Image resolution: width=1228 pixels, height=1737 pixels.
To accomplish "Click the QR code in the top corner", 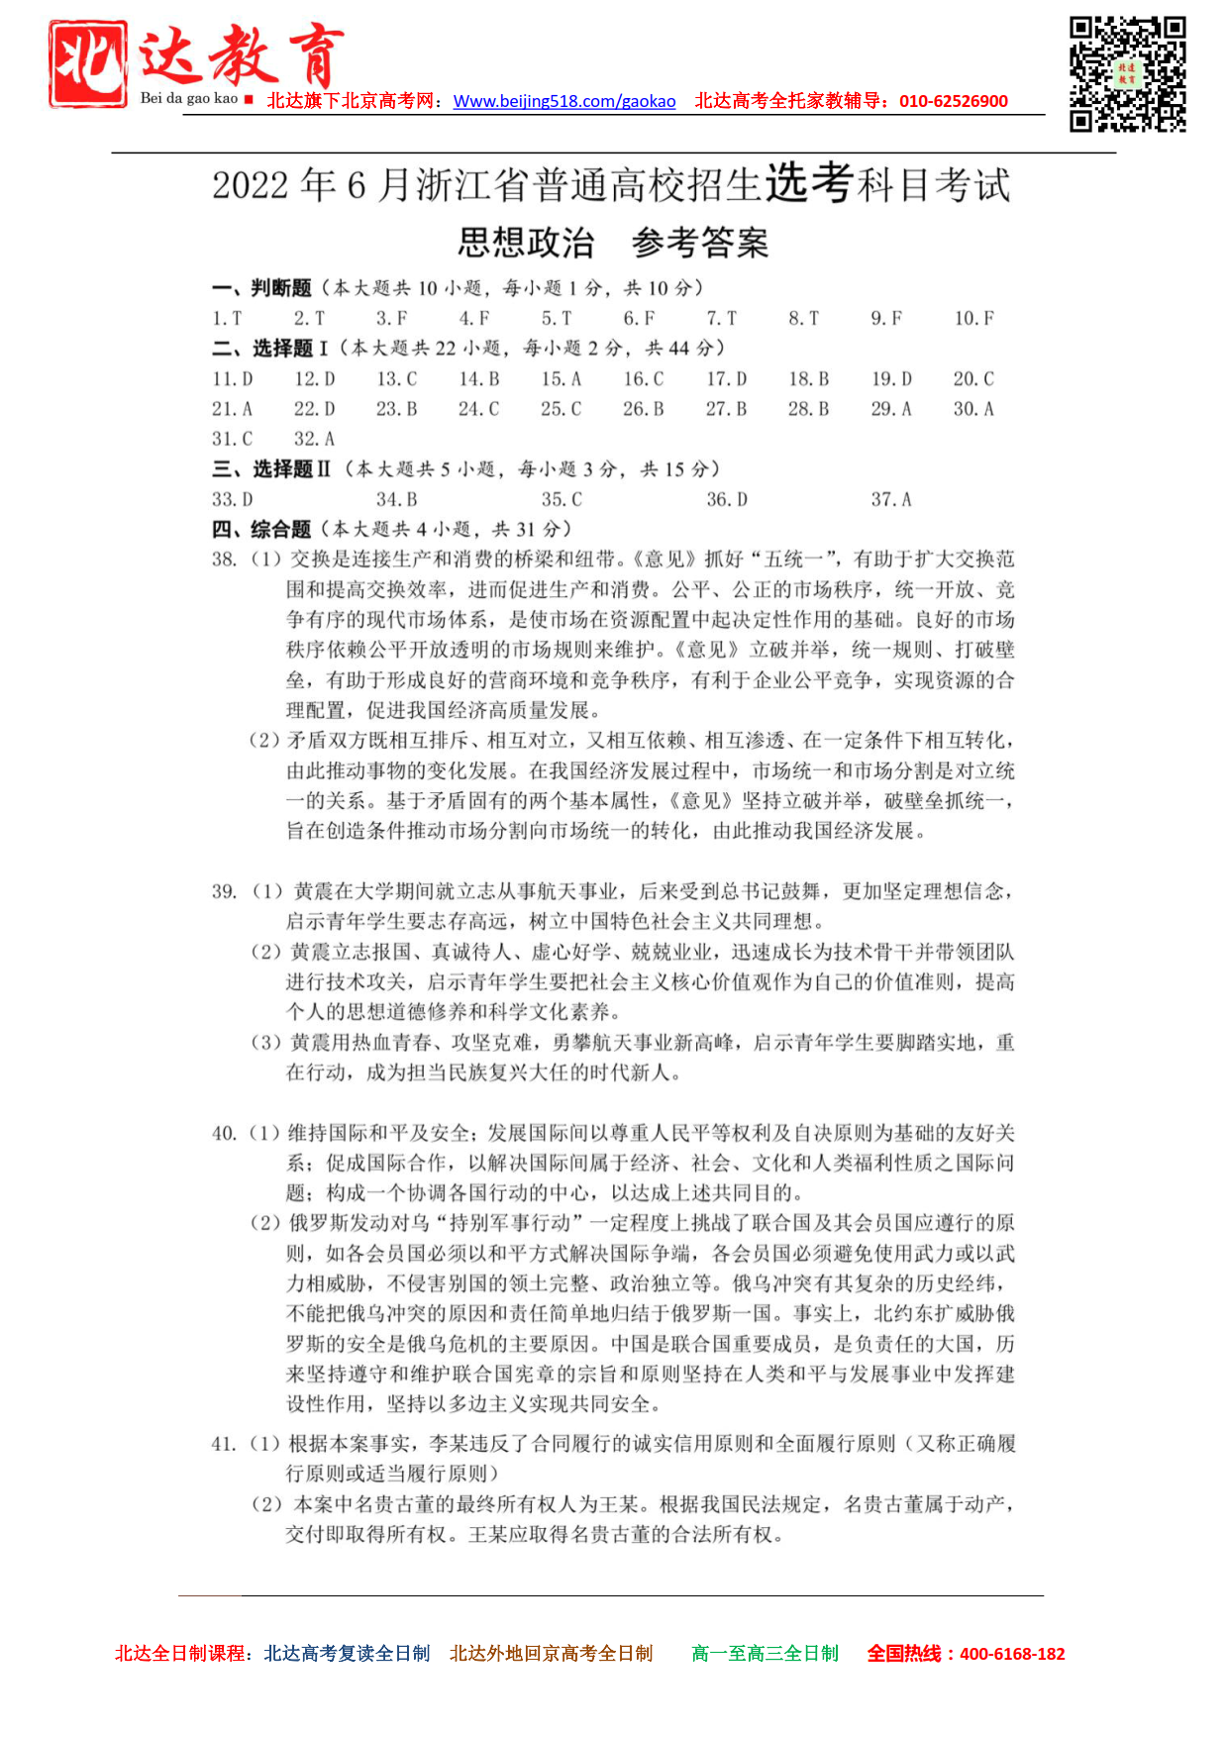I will coord(1127,73).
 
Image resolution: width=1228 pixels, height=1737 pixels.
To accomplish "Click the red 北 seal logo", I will coord(88,63).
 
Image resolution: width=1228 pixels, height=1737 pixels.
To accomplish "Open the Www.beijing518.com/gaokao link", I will coord(563,101).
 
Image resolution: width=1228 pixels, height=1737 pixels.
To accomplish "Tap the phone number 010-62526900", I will coord(953,101).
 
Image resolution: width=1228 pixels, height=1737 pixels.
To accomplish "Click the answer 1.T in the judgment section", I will coord(227,318).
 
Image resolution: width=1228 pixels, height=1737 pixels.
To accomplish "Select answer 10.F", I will coord(973,318).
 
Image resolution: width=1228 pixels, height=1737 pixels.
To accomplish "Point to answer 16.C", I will coord(643,378).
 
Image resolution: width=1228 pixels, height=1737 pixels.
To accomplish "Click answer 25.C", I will coord(561,408).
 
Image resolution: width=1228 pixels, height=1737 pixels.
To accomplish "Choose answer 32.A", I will coord(314,439).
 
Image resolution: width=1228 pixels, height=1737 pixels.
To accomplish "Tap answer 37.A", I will coord(890,499).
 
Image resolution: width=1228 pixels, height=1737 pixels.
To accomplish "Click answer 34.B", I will coord(396,499).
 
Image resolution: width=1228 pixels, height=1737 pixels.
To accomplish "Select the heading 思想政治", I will coord(526,243).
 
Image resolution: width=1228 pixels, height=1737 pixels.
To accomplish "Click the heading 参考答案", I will coord(699,243).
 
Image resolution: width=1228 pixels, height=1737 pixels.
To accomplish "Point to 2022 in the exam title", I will coord(251,185).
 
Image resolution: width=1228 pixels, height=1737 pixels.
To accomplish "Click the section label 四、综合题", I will coord(261,529).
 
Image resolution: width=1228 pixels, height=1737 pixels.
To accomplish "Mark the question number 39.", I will coord(224,891).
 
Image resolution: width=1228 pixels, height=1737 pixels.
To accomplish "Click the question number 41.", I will coord(224,1444).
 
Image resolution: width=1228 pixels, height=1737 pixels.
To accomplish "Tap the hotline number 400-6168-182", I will coord(1012,1653).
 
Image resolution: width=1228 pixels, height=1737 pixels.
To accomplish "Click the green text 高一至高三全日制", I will coord(765,1653).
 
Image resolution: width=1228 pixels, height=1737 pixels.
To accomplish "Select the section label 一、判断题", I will coord(261,288).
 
